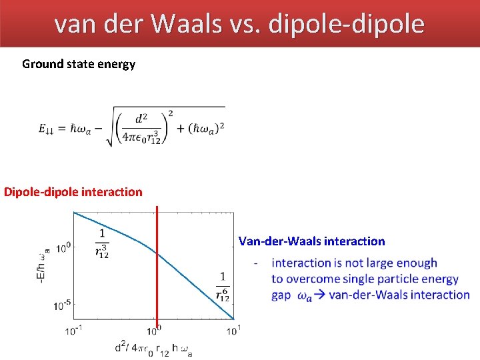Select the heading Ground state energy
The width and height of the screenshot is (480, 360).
pos(79,64)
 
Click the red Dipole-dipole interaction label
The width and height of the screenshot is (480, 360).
pos(73,192)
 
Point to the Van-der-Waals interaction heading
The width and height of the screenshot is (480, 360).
pos(311,241)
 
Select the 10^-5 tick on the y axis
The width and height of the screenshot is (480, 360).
pos(62,306)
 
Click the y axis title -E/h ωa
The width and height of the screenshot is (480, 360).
pos(45,264)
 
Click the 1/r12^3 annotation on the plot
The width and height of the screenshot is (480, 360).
pos(103,243)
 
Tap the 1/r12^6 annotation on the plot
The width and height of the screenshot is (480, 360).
pos(222,287)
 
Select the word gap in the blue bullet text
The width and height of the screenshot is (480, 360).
pos(281,295)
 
